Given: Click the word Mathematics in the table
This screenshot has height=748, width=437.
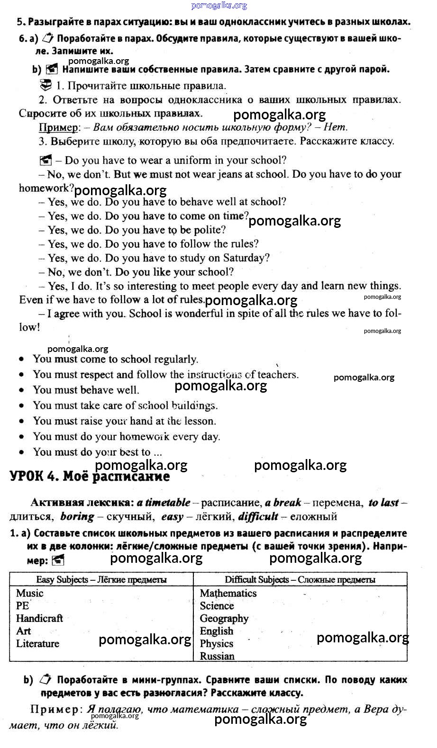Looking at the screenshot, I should point(228,593).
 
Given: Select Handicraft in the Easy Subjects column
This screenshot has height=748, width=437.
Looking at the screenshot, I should point(39,618).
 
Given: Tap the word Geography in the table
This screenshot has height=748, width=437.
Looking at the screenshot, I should point(224,618).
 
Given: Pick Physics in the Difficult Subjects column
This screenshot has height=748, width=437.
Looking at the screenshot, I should point(217,643).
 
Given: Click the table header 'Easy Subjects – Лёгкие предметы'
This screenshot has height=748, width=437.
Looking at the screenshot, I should point(101,579).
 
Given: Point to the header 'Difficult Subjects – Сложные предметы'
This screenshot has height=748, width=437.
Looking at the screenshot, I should point(300,579).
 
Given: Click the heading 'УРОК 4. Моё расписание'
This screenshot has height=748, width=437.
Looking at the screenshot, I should point(90,477).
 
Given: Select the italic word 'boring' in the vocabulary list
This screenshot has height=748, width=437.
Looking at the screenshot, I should point(77,516).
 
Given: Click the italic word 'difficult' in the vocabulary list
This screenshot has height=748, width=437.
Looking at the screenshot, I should point(258,516).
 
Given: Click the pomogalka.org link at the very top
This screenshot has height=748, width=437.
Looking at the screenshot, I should point(219,5).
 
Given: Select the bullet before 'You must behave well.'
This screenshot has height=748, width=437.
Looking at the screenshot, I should point(21,390).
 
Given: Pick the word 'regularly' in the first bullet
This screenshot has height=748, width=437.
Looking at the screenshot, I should point(175,359).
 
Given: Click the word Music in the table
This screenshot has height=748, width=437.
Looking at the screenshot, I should point(29,593).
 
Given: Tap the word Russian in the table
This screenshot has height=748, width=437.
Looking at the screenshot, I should point(217,656).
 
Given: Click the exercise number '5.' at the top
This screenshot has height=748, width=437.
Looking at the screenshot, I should point(20,22).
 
